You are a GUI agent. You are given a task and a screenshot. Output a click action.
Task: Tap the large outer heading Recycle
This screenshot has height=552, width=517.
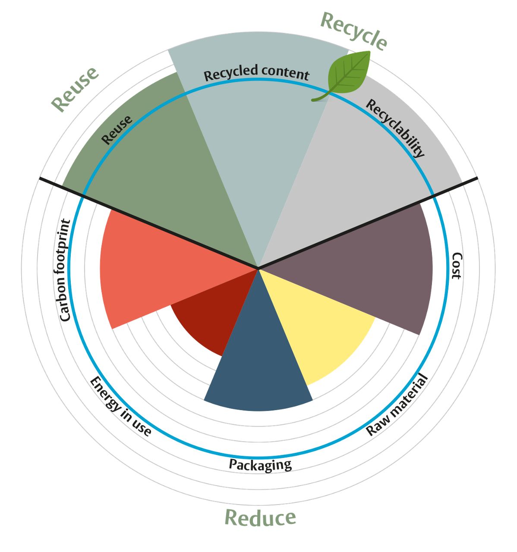[354, 31]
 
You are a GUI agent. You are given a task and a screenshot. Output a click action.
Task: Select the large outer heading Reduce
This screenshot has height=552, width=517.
[260, 517]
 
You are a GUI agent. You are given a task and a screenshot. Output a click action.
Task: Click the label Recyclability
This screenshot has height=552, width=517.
[395, 128]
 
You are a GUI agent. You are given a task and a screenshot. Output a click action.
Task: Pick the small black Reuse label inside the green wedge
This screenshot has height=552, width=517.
[117, 130]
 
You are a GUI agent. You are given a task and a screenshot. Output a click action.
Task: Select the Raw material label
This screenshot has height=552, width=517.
[396, 405]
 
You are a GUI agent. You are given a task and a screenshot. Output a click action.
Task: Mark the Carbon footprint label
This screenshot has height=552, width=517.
[65, 270]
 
